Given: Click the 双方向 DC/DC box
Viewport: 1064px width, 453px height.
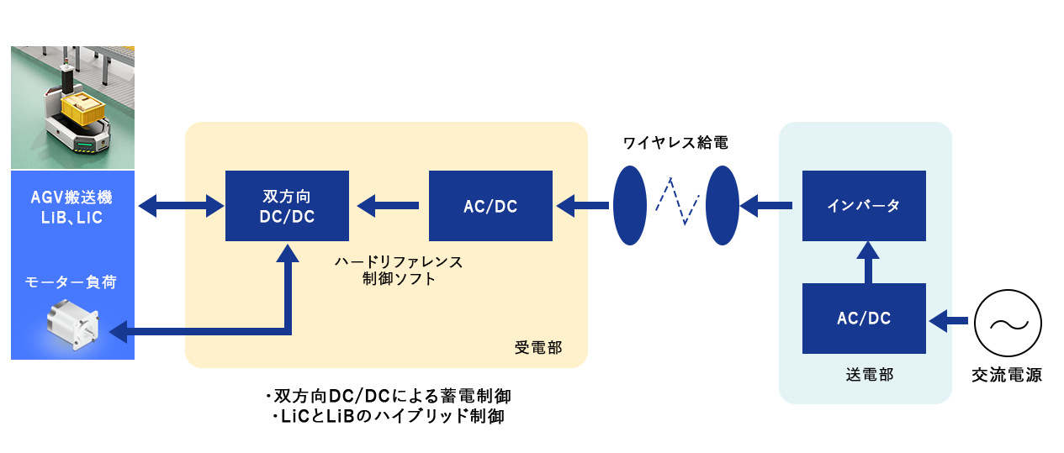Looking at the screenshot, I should (287, 206).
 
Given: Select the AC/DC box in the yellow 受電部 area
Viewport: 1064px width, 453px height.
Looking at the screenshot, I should (490, 206).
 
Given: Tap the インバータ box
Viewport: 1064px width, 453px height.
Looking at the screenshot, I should (864, 206).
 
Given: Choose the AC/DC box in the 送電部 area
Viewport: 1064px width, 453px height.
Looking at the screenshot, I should (864, 319).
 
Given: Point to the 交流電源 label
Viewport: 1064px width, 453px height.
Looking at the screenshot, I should (1007, 376).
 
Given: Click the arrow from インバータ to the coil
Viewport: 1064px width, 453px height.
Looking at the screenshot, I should (766, 204).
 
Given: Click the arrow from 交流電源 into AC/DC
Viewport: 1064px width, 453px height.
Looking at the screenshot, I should (949, 319).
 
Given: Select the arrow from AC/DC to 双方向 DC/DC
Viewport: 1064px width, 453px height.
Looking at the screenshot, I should (388, 204).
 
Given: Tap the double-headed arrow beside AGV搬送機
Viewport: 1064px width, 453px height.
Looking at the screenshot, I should (179, 204).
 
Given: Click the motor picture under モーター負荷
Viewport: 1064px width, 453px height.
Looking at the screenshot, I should (73, 325).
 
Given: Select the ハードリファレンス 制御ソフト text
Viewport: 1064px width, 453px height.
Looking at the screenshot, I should (398, 270).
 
